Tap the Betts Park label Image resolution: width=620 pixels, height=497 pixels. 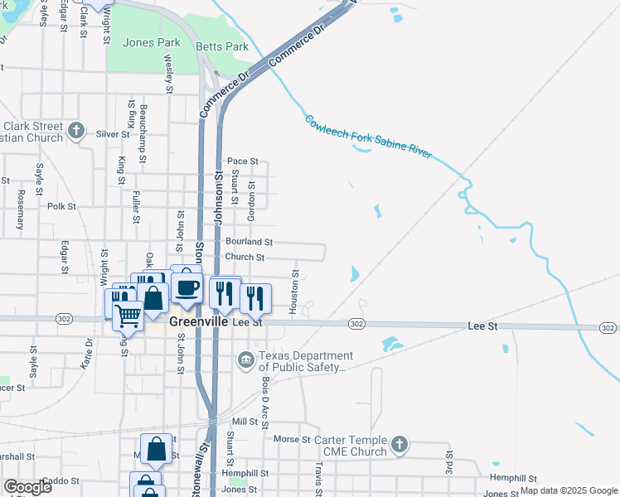[222, 46]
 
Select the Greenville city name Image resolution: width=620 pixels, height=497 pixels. [198, 321]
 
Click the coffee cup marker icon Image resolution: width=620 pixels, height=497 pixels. [186, 287]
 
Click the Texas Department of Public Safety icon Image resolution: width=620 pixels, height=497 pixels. [246, 359]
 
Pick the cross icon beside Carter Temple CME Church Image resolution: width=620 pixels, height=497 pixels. [400, 445]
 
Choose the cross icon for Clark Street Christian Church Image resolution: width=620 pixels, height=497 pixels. [76, 130]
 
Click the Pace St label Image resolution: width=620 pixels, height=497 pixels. [243, 162]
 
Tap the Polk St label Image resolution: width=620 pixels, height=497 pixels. [61, 206]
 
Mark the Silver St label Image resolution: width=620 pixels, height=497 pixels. [113, 133]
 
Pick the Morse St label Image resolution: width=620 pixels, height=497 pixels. [291, 439]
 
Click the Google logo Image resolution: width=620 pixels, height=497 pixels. [27, 487]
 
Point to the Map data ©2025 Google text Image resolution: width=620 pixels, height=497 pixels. [568, 490]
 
